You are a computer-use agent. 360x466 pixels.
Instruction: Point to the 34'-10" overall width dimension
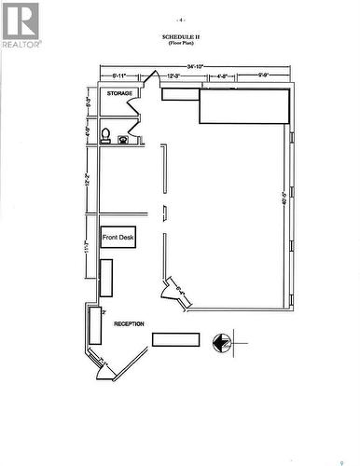coord(196,66)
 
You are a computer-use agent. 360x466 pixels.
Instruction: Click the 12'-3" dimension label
coord(173,75)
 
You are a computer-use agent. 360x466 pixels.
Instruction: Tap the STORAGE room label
coord(118,94)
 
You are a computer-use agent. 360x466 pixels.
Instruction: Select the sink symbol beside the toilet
coord(125,139)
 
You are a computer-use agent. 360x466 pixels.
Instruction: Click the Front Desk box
coord(118,238)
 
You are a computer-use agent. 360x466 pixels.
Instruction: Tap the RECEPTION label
coord(129,323)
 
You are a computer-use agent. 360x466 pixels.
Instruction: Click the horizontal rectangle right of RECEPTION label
coord(175,339)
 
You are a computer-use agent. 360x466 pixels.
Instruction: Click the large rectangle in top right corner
coord(244,105)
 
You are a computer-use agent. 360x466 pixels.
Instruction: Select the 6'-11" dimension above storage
coord(119,75)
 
